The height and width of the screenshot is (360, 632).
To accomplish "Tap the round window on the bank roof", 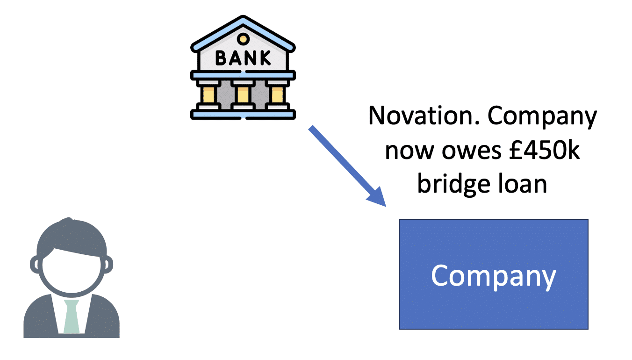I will (243, 37).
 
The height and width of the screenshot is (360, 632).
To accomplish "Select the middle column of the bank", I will (243, 94).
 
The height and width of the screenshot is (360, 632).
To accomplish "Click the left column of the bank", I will (209, 94).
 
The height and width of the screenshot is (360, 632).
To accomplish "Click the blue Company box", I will (493, 304).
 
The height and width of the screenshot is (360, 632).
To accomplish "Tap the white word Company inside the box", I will (493, 276).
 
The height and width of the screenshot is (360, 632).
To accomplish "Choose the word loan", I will (522, 184).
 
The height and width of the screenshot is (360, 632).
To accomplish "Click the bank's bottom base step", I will (243, 114).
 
